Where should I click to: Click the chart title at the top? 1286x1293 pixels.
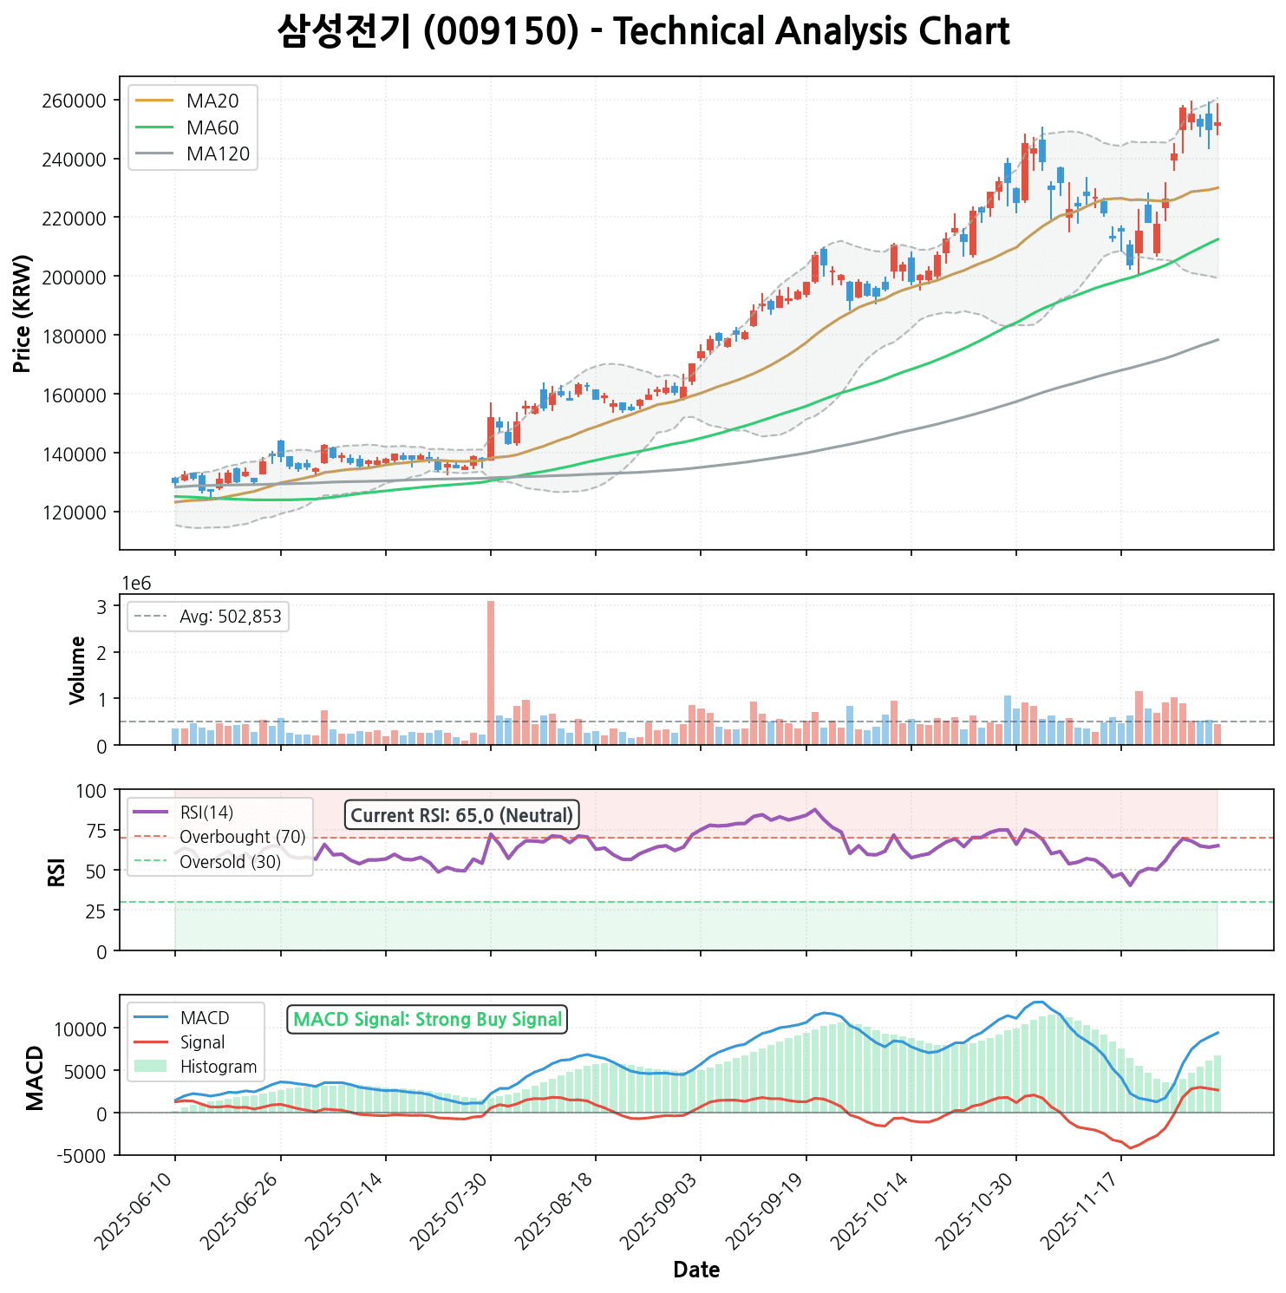tap(643, 32)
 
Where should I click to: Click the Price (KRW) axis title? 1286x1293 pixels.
tap(23, 313)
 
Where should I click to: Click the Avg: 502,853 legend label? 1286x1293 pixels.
tap(230, 617)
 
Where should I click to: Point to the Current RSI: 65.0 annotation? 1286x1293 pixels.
tap(461, 815)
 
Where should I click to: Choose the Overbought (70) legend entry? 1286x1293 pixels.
tap(242, 837)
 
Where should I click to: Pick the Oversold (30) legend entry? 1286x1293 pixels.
tap(230, 862)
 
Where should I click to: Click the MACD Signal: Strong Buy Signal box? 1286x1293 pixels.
tap(427, 1019)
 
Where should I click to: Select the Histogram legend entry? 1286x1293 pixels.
tap(219, 1067)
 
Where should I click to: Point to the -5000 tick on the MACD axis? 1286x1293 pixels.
tap(83, 1155)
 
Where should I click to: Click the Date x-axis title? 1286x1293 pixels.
tap(696, 1270)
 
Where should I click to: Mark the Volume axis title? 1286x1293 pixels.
tap(78, 669)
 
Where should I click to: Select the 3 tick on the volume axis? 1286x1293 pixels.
tap(101, 606)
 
